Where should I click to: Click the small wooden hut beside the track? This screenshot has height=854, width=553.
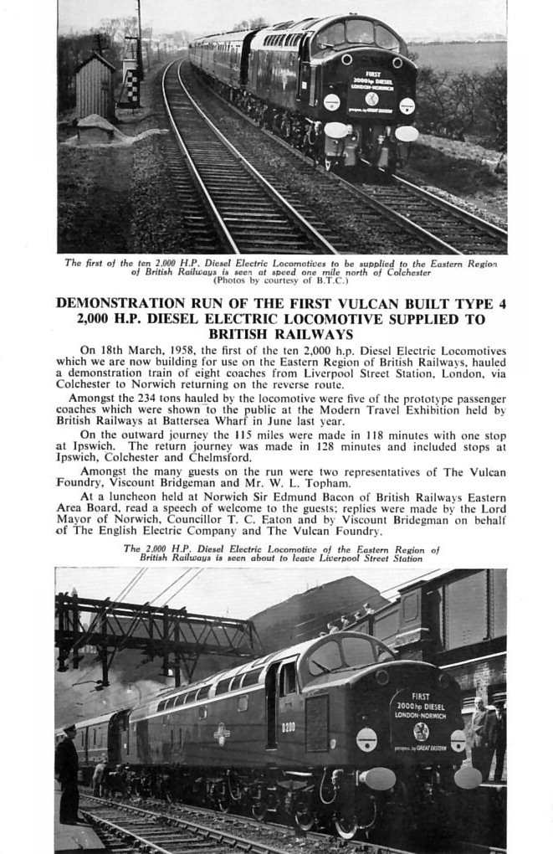[94, 86]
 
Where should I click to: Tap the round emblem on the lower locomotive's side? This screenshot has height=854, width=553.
[222, 733]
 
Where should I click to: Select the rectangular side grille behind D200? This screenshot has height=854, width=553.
[317, 722]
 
